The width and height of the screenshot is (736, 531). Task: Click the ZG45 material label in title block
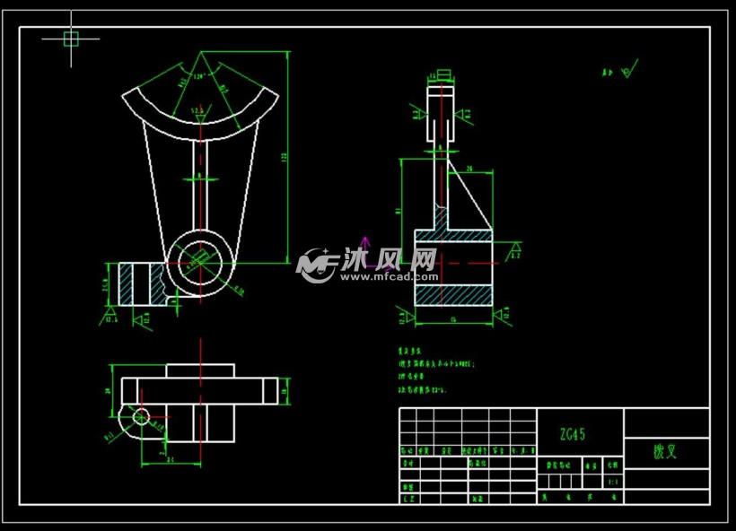click(573, 435)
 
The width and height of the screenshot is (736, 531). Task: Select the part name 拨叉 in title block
click(665, 452)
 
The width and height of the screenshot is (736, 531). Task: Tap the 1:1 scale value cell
click(613, 482)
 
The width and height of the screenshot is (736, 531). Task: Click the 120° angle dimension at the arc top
click(198, 76)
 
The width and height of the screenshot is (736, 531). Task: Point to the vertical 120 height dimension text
click(285, 157)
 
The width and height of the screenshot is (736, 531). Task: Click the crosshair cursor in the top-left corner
click(71, 38)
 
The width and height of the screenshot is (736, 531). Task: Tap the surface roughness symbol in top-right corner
click(626, 69)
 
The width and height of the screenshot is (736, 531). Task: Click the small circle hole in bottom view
click(140, 416)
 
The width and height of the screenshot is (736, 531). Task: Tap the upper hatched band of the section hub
click(453, 236)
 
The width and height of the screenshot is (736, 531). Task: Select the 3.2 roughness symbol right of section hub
click(515, 250)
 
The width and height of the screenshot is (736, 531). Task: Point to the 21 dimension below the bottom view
click(171, 460)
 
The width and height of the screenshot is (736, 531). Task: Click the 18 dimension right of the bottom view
click(285, 391)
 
